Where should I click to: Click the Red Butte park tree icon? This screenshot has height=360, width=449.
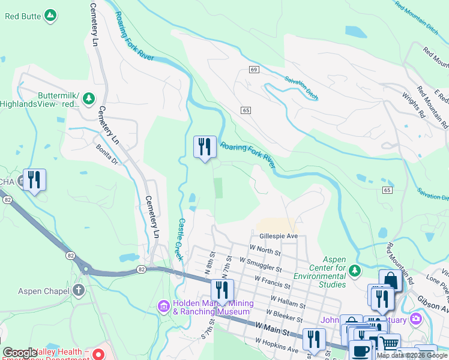click(51, 16)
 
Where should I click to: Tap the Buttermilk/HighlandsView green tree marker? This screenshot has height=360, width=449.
click(89, 98)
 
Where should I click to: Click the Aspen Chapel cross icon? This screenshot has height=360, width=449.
click(78, 291)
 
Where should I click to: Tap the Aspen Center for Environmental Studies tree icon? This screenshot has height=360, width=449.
click(355, 271)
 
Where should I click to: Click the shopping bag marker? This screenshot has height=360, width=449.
click(390, 281)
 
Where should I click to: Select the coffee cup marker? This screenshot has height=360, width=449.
click(361, 350)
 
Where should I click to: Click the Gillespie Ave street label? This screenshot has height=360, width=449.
click(279, 237)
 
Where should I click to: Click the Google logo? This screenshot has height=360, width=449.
click(20, 352)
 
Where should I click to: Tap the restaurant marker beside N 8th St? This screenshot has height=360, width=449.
click(222, 290)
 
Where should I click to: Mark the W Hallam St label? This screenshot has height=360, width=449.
click(289, 301)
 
